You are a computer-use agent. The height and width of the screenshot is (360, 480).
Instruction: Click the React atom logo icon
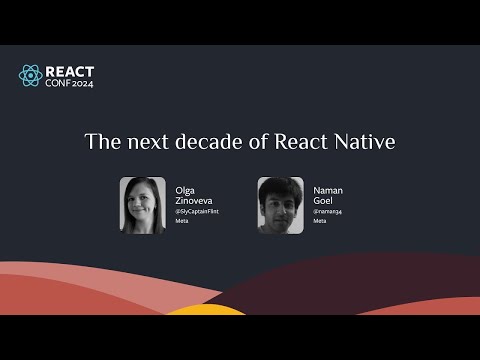(x=31, y=76)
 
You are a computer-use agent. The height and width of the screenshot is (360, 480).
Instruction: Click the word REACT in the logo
(x=71, y=70)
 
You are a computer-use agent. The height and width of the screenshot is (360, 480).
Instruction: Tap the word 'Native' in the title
(x=365, y=142)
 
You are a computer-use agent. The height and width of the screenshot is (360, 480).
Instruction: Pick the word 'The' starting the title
(x=100, y=142)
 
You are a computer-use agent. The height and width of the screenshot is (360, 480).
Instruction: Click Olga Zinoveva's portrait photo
(x=142, y=206)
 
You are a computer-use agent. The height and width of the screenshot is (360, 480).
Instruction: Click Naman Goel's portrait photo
(x=280, y=206)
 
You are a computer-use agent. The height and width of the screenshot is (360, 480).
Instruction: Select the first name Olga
(x=186, y=188)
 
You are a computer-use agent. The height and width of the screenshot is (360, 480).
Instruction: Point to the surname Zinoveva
(x=192, y=199)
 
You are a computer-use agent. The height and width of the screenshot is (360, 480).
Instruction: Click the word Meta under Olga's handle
(x=181, y=221)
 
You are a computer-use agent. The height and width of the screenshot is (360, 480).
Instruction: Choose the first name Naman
(x=328, y=188)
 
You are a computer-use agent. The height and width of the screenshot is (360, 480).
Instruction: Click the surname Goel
(x=323, y=199)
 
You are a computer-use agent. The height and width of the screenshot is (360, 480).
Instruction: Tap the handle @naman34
(x=326, y=211)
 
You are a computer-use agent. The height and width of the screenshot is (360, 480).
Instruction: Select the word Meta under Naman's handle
(x=319, y=221)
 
